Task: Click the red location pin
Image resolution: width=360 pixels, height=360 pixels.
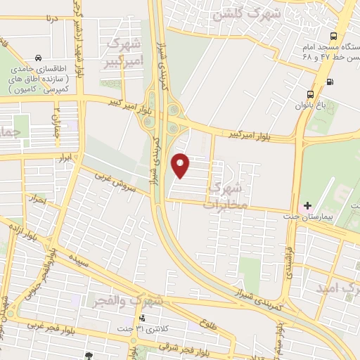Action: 181,165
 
